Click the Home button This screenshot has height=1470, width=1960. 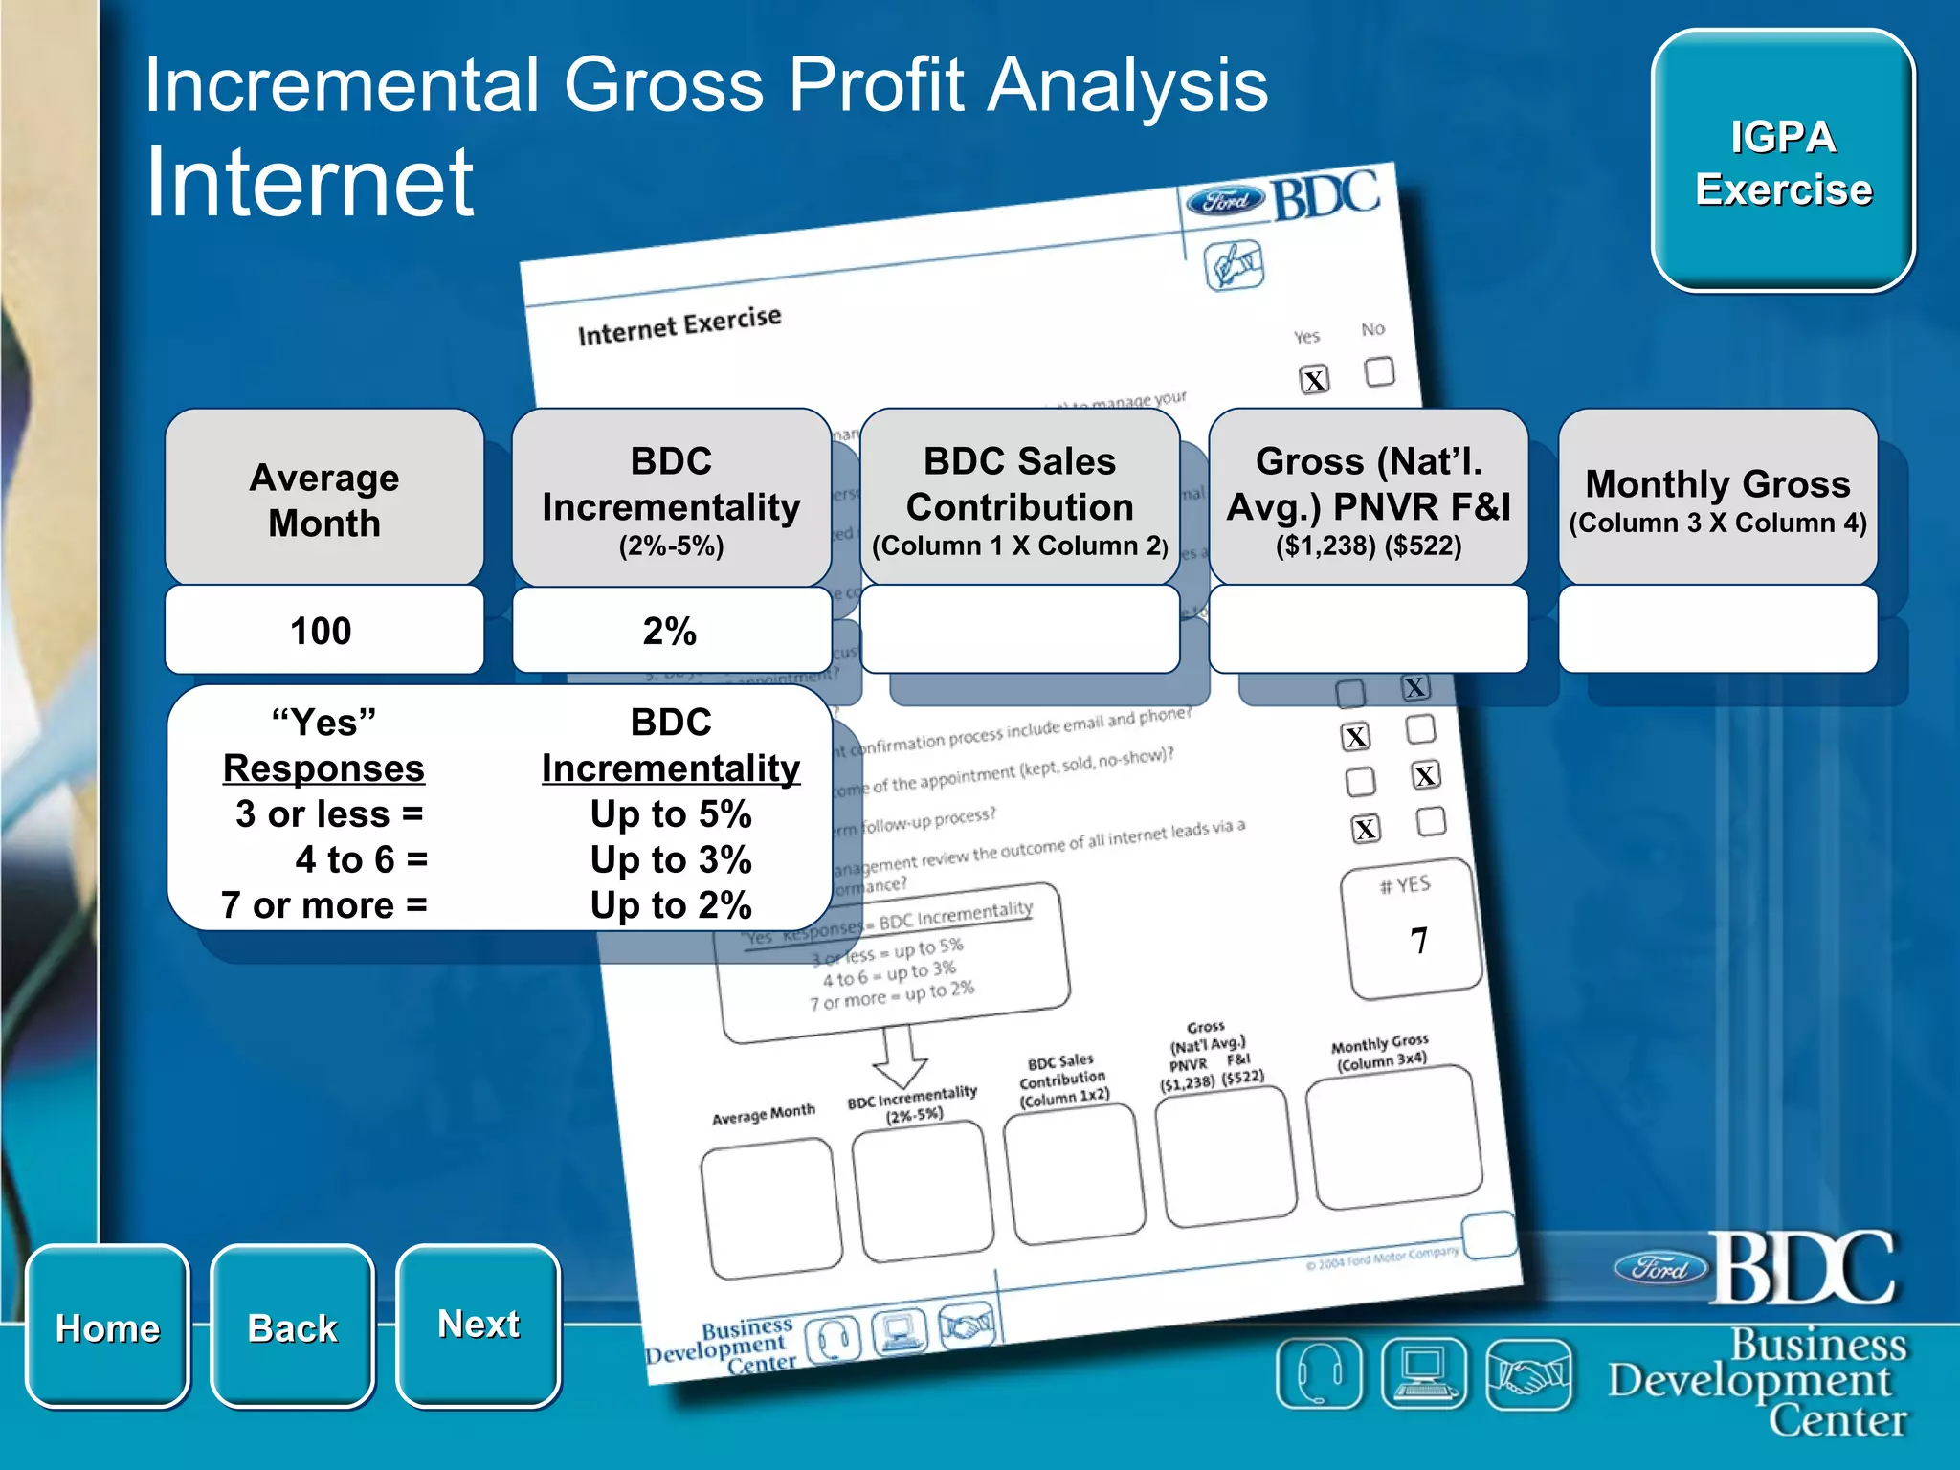[x=107, y=1326]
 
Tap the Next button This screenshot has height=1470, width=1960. [x=478, y=1325]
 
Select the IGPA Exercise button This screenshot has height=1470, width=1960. [x=1783, y=161]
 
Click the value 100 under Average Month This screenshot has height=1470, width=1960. [x=323, y=631]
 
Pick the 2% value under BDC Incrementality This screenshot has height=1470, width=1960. [x=670, y=631]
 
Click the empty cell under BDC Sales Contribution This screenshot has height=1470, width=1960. [x=1020, y=629]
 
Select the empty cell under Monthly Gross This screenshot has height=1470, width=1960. [x=1717, y=629]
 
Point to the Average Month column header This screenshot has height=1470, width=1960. [x=323, y=499]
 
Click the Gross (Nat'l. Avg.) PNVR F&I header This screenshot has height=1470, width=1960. [x=1369, y=499]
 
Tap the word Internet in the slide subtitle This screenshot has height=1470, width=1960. [x=309, y=182]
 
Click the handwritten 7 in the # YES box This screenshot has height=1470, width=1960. [x=1418, y=941]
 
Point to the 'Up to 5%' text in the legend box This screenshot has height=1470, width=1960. [x=670, y=814]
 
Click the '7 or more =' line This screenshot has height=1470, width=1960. [x=323, y=905]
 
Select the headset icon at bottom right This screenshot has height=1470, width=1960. [x=1319, y=1374]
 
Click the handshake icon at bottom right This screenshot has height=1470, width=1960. [x=1528, y=1374]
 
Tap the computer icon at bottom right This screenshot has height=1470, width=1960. [x=1424, y=1374]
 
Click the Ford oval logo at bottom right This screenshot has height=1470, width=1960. [x=1660, y=1269]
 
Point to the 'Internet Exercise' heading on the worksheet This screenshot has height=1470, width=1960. [x=679, y=325]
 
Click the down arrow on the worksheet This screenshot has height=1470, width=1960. [x=900, y=1058]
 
